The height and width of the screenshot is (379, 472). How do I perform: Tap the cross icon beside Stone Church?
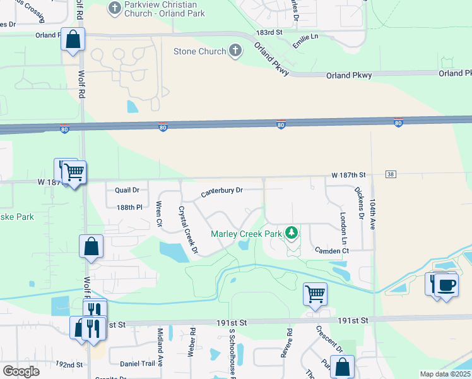(235, 51)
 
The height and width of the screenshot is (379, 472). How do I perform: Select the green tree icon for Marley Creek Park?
(291, 233)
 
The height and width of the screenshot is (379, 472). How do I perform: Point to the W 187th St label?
(350, 174)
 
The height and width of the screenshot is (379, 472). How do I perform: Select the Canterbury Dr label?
(221, 192)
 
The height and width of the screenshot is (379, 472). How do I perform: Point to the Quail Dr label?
(127, 189)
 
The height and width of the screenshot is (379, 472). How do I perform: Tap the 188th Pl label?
(130, 207)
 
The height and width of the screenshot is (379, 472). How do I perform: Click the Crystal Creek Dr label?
(188, 231)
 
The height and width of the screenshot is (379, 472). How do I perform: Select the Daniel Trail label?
(138, 364)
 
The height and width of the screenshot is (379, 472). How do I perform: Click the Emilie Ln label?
(305, 43)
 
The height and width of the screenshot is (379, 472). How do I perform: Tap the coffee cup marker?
(447, 285)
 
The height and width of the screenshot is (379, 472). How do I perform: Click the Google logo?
(21, 371)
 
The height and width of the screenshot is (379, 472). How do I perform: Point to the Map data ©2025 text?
(445, 374)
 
